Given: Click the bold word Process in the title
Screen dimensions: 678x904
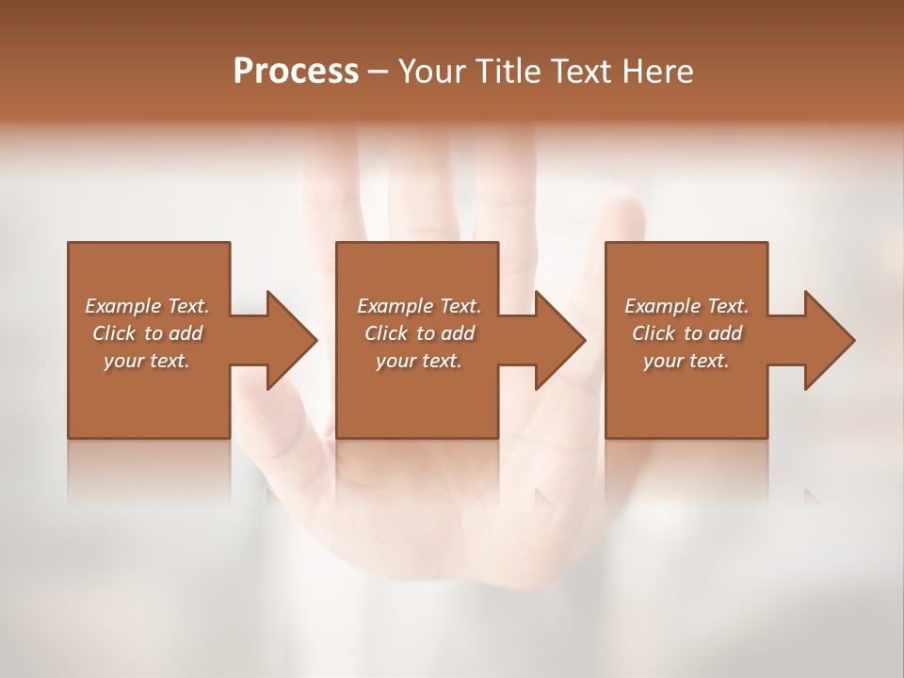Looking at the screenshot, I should point(296,72).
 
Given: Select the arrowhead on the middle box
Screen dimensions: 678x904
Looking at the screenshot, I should point(559,340).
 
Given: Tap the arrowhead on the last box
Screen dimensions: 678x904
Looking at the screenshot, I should point(829,340).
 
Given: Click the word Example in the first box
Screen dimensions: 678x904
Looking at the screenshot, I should point(123,306).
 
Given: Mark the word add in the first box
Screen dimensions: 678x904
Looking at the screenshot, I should point(185,333).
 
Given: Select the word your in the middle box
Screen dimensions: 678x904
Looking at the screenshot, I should point(395,361).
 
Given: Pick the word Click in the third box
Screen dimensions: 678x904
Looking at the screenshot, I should point(654,333).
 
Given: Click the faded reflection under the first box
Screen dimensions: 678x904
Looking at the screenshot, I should point(149,471).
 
